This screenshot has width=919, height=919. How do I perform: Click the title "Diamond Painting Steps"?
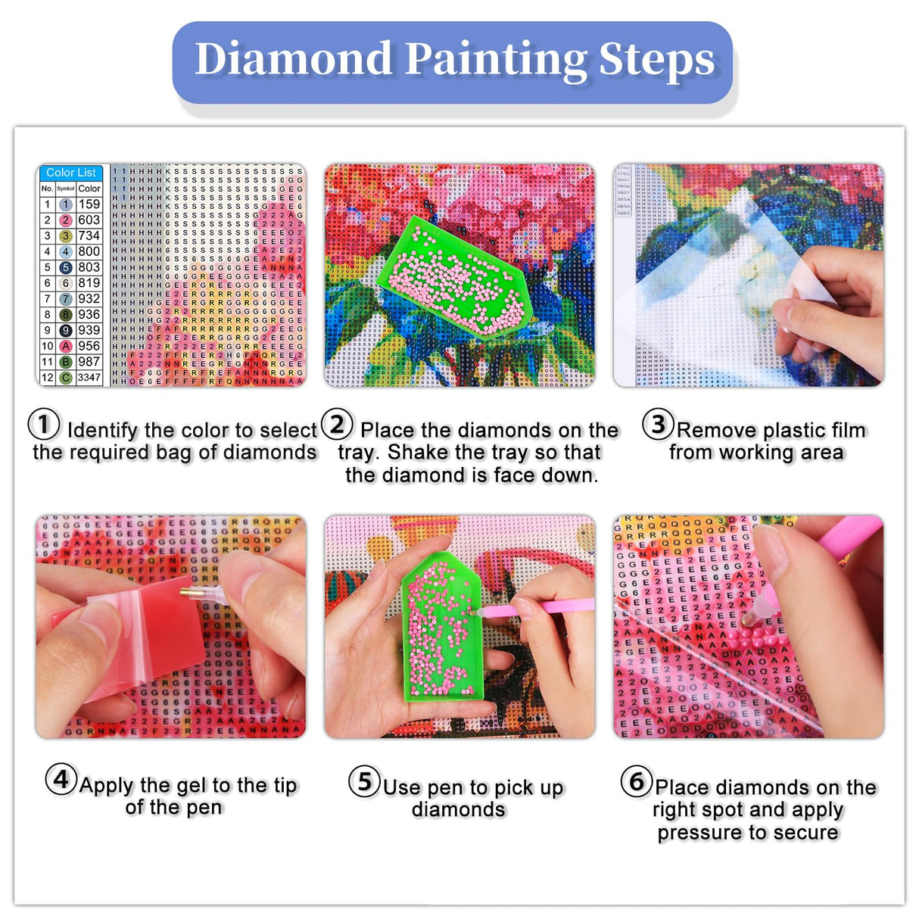point(454,60)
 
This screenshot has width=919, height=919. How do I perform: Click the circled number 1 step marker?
point(44,424)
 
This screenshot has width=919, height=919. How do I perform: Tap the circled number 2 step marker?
point(337,424)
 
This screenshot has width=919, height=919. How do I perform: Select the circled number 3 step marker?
point(658,424)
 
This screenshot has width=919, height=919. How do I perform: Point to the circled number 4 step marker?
point(61,779)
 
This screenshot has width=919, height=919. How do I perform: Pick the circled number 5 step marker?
point(364,781)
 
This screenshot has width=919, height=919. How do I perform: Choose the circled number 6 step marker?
point(637,781)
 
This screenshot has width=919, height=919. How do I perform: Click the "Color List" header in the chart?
point(71,173)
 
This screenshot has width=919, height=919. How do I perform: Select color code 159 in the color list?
point(89,204)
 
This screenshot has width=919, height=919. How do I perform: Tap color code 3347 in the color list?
point(89,377)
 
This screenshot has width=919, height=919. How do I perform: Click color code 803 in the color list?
point(89,267)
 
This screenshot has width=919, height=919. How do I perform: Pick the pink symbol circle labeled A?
point(66,346)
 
